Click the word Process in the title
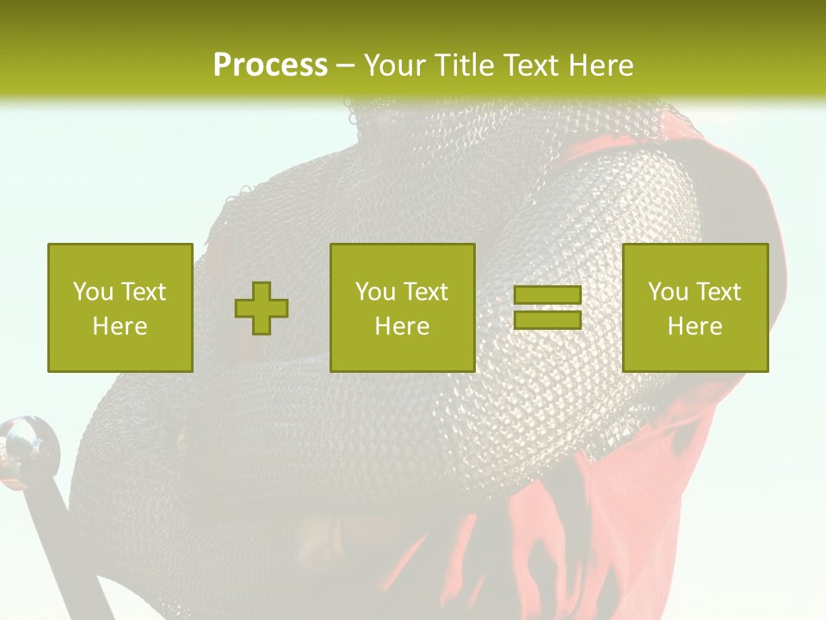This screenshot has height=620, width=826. pyautogui.click(x=270, y=65)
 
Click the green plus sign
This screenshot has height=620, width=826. pyautogui.click(x=262, y=308)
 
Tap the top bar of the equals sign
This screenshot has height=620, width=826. pyautogui.click(x=547, y=295)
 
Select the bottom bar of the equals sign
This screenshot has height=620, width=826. pyautogui.click(x=547, y=319)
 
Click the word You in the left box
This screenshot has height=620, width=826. pyautogui.click(x=93, y=292)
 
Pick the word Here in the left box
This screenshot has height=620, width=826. pyautogui.click(x=120, y=326)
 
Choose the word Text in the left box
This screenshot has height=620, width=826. pyautogui.click(x=144, y=292)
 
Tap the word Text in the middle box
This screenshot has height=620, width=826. pyautogui.click(x=426, y=292)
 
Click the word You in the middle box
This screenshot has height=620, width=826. pyautogui.click(x=375, y=292)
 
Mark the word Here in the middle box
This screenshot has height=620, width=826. pyautogui.click(x=402, y=326)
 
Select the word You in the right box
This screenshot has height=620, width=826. pyautogui.click(x=668, y=292)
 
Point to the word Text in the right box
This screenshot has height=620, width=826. pyautogui.click(x=718, y=292)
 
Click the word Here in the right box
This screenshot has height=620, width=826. pyautogui.click(x=694, y=326)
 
